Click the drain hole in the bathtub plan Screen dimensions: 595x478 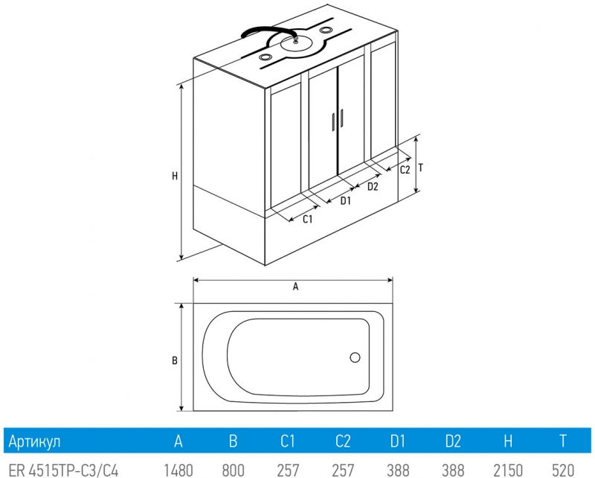[355, 357]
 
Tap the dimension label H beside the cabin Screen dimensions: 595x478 [175, 176]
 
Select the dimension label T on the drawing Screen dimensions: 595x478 [420, 168]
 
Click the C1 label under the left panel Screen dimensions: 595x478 [307, 219]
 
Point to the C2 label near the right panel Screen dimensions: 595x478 [405, 170]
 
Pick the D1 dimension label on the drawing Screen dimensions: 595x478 [345, 200]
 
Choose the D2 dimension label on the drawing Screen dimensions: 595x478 [373, 187]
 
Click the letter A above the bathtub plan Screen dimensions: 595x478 [295, 287]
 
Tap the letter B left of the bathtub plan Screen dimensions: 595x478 [175, 360]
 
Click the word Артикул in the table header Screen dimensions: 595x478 [34, 442]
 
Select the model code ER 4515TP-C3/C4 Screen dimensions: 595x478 [63, 471]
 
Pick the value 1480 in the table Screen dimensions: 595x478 [178, 471]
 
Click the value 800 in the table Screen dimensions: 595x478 [233, 471]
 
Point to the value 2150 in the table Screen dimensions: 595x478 [508, 471]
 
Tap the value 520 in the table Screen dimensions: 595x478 [563, 471]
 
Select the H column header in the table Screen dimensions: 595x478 [508, 442]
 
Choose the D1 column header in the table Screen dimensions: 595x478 [398, 442]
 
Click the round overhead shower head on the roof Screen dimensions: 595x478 [296, 43]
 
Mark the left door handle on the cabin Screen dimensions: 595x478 [333, 122]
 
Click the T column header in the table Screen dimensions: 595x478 [563, 442]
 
